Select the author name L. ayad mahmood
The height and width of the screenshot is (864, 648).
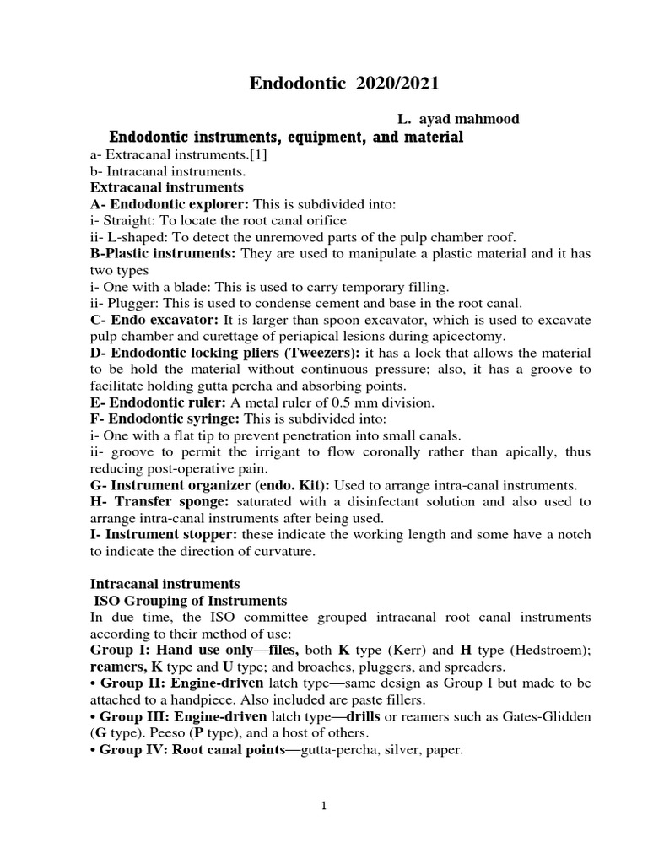[458, 119]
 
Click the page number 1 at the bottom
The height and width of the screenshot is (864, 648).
[323, 806]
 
